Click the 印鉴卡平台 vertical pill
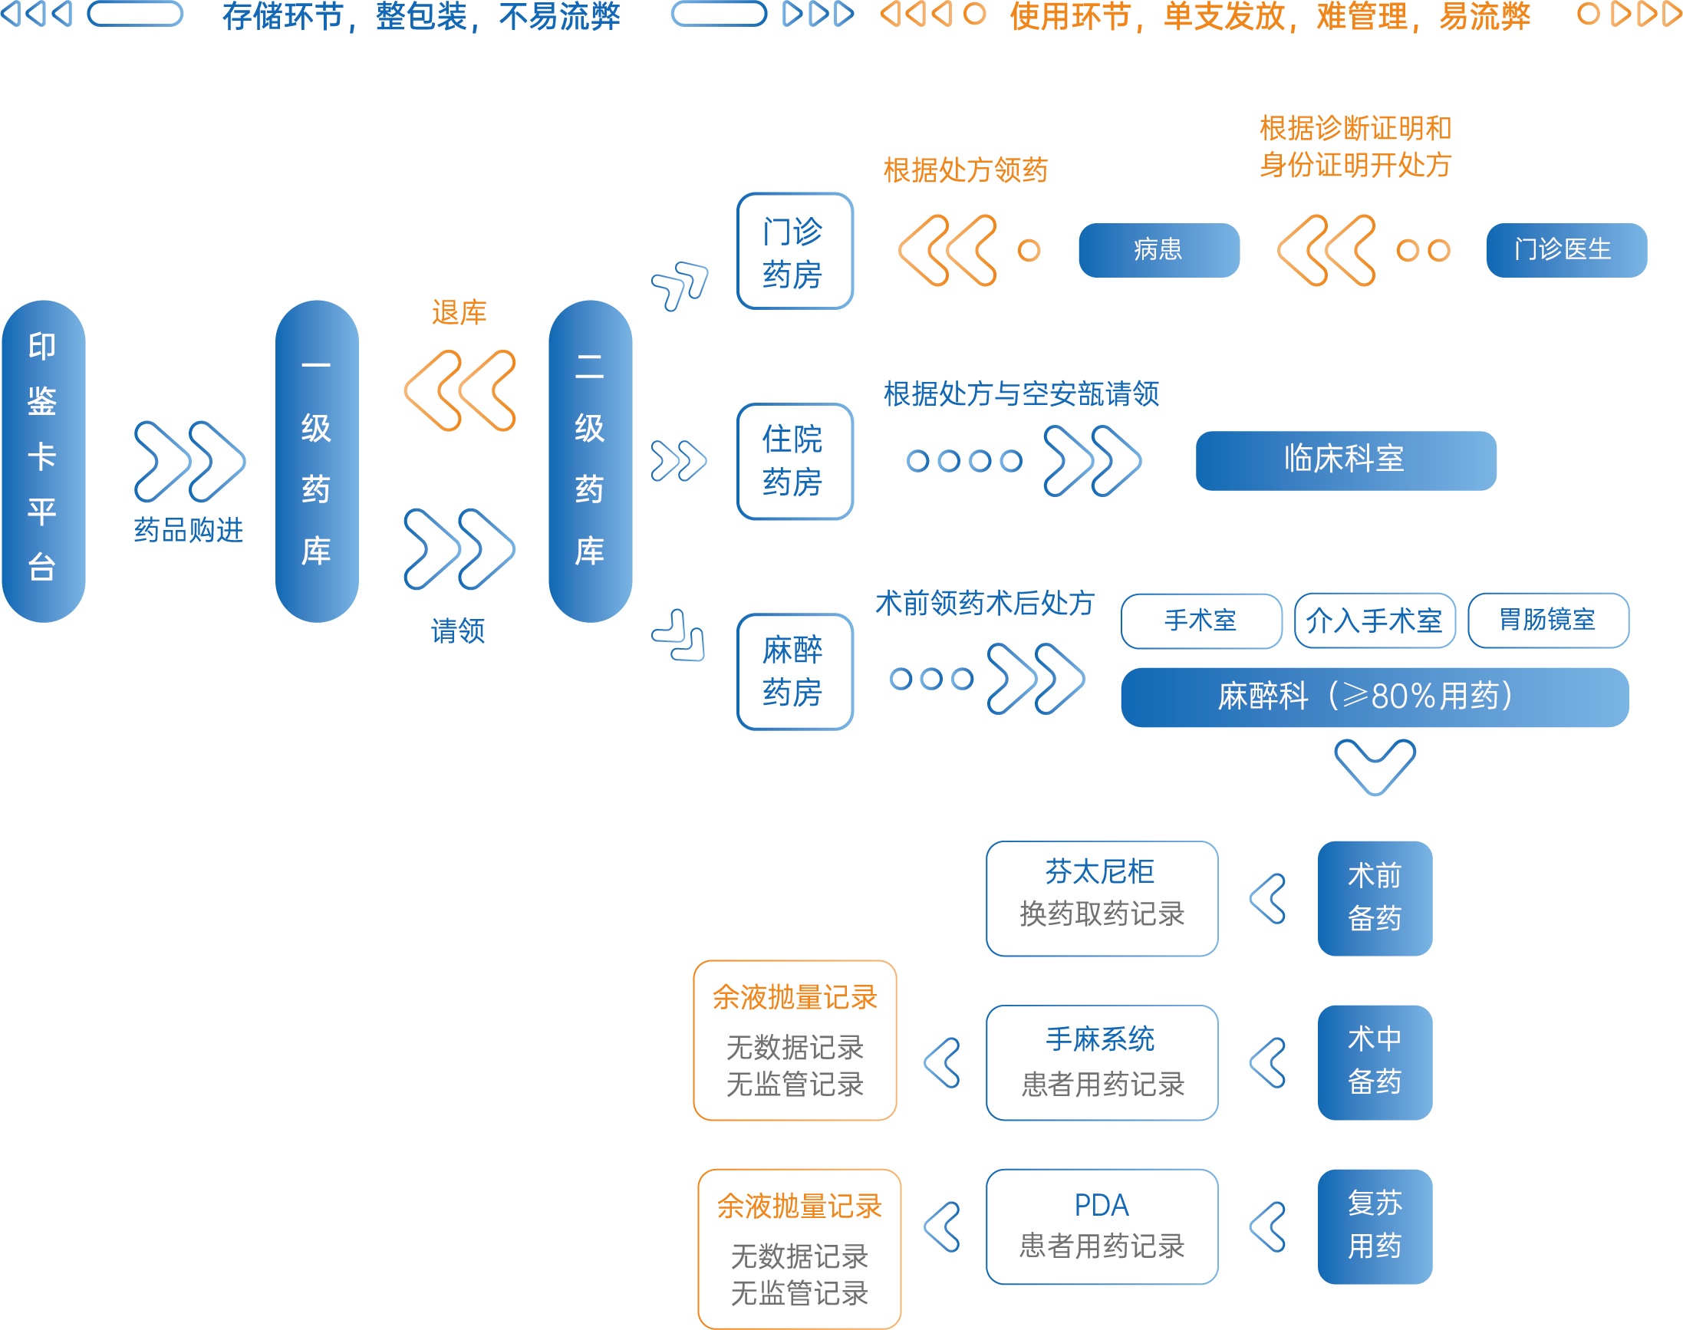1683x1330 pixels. point(43,461)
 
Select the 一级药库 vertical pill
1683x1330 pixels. point(316,461)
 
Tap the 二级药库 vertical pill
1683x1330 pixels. point(590,461)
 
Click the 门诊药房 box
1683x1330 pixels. point(795,251)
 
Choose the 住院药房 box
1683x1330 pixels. point(795,461)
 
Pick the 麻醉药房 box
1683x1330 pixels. point(795,671)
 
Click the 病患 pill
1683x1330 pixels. point(1158,250)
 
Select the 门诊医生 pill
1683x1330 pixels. point(1566,250)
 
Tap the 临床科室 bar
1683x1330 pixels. point(1345,460)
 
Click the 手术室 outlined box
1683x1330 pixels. point(1200,621)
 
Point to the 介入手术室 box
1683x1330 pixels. point(1375,621)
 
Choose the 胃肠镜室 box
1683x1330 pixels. point(1547,621)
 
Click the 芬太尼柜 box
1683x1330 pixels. point(1102,898)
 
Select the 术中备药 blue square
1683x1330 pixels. point(1375,1062)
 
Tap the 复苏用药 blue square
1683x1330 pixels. point(1375,1226)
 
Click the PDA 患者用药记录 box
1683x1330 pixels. point(1102,1226)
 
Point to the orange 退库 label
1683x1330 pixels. point(459,313)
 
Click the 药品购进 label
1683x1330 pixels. point(189,530)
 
